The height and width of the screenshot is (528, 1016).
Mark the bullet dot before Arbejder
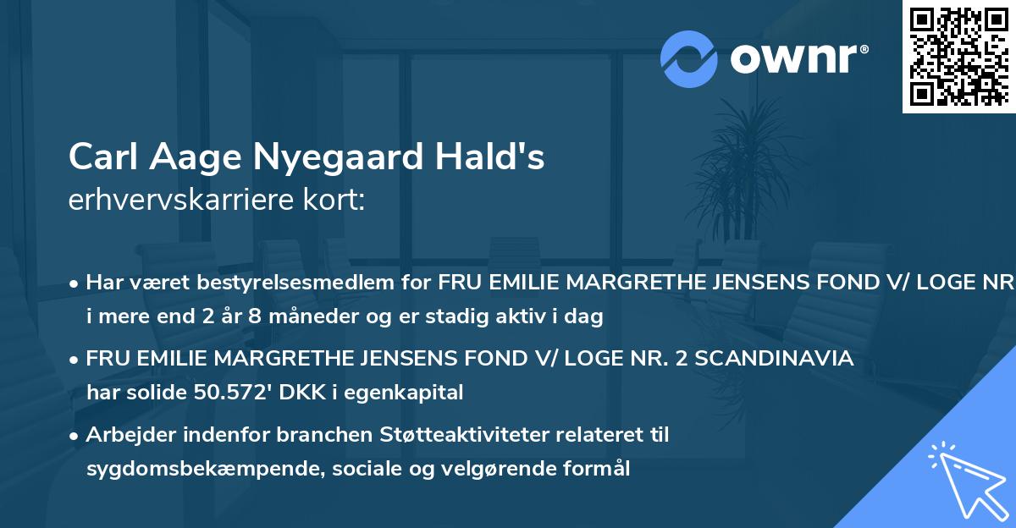(x=75, y=436)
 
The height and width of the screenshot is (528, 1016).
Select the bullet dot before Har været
(x=75, y=283)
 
